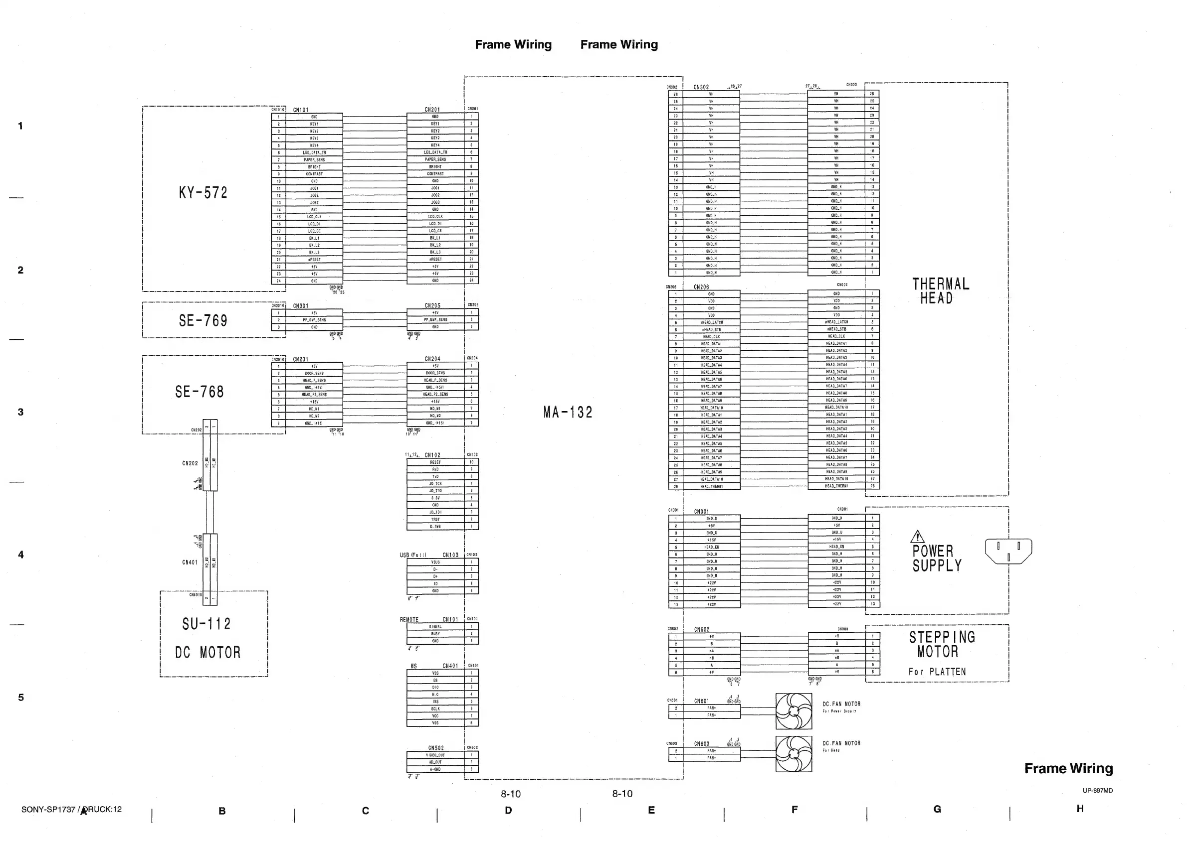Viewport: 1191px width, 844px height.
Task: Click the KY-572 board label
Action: (x=203, y=193)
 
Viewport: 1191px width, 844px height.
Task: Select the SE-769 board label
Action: (x=203, y=320)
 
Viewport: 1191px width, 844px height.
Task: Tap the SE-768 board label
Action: (x=199, y=391)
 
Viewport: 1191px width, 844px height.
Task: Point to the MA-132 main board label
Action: (x=568, y=413)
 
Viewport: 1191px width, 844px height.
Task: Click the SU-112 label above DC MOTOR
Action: (x=206, y=624)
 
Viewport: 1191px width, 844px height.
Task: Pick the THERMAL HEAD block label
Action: (x=940, y=291)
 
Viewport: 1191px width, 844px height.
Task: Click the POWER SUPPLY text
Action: (x=937, y=558)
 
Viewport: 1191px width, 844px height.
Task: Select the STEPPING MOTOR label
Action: (x=942, y=644)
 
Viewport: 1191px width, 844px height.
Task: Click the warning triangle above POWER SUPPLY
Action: (x=917, y=536)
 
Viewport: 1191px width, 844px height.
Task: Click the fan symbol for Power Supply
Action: (x=794, y=711)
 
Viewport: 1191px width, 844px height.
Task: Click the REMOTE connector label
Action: (x=409, y=619)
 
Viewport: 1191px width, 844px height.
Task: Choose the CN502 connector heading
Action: (x=436, y=748)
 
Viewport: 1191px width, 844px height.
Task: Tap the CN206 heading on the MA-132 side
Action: (x=701, y=287)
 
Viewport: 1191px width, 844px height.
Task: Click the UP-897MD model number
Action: (x=1097, y=791)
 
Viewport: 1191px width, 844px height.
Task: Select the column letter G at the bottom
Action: (x=937, y=809)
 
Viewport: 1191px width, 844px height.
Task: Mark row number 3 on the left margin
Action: (x=21, y=412)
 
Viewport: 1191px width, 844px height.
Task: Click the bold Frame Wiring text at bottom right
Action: (x=1068, y=769)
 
